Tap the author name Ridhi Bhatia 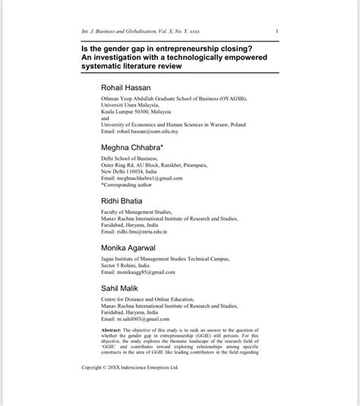pyautogui.click(x=122, y=200)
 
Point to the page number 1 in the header pyautogui.click(x=278, y=31)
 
